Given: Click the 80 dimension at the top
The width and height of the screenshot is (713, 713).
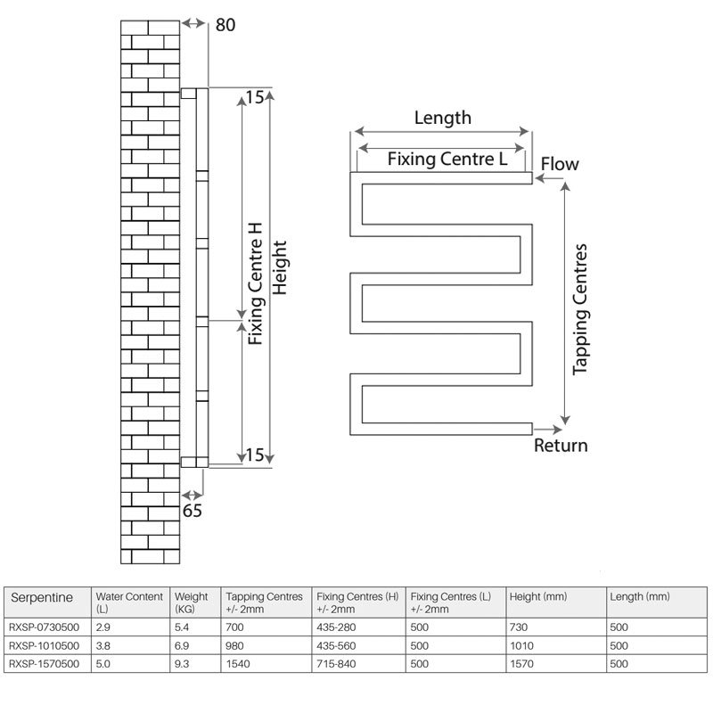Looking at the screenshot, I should pyautogui.click(x=225, y=26).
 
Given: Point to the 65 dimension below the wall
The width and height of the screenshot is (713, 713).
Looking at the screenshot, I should pyautogui.click(x=193, y=511).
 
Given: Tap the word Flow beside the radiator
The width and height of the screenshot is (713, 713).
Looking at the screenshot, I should pyautogui.click(x=560, y=164).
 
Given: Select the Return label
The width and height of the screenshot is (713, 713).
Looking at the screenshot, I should pyautogui.click(x=561, y=445).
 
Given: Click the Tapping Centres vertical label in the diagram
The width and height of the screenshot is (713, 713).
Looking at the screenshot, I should pyautogui.click(x=581, y=307).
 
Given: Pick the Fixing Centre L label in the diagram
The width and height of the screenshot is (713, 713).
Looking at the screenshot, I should pyautogui.click(x=447, y=160).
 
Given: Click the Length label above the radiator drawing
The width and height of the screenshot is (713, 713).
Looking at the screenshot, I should pyautogui.click(x=443, y=118).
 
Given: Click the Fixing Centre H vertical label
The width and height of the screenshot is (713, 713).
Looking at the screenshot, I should pyautogui.click(x=256, y=283).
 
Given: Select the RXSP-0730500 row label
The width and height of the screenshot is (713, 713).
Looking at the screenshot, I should pyautogui.click(x=44, y=627).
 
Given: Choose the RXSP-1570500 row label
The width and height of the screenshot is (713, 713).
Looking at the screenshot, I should pyautogui.click(x=44, y=664).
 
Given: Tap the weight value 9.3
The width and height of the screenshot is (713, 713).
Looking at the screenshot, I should pyautogui.click(x=184, y=664).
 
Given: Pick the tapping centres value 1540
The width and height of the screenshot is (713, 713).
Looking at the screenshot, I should pyautogui.click(x=239, y=664).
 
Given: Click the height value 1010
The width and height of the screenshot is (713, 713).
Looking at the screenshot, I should pyautogui.click(x=521, y=645).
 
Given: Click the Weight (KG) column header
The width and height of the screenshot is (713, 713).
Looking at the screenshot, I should pyautogui.click(x=193, y=602).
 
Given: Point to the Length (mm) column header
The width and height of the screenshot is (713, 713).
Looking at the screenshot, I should pyautogui.click(x=639, y=596).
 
